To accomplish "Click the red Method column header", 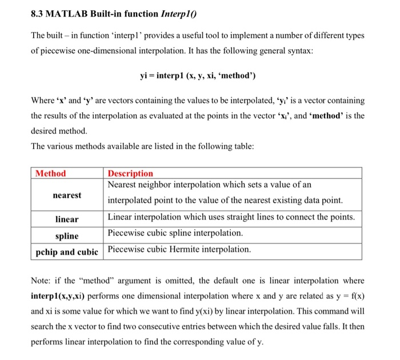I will pyautogui.click(x=51, y=173).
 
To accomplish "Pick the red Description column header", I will pyautogui.click(x=130, y=173).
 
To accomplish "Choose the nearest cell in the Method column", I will pyautogui.click(x=67, y=195).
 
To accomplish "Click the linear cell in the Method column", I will pyautogui.click(x=67, y=219).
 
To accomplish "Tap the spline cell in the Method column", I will pyautogui.click(x=67, y=235).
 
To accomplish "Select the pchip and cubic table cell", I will pyautogui.click(x=67, y=252).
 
